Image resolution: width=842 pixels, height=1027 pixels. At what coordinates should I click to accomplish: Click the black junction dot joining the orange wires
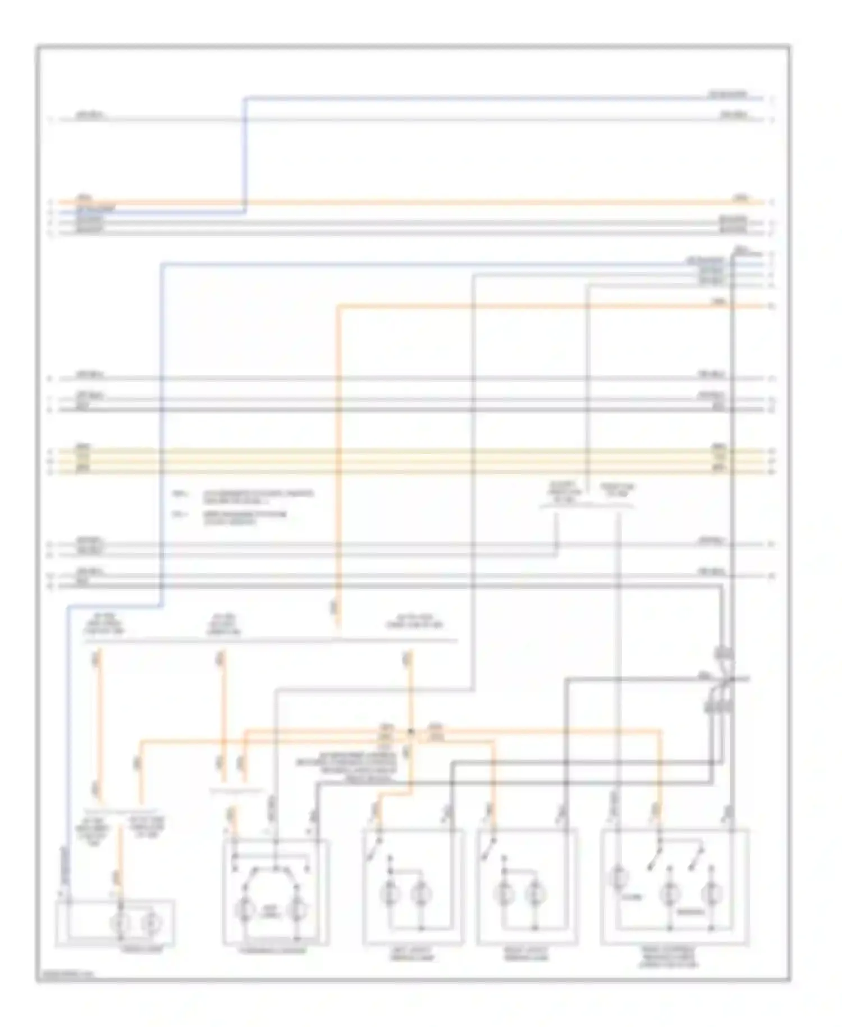[x=410, y=732]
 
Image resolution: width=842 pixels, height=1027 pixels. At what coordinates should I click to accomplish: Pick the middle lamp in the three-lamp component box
[x=669, y=892]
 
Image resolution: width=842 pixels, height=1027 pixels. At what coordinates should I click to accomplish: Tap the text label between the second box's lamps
[x=271, y=911]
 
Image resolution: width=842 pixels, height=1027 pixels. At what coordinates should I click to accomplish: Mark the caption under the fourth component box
[x=526, y=954]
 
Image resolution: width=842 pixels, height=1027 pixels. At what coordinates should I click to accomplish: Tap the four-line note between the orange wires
[x=347, y=767]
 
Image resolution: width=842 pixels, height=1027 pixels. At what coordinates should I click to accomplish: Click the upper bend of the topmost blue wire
[x=245, y=99]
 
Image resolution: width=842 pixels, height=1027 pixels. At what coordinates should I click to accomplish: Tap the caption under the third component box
[x=413, y=954]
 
